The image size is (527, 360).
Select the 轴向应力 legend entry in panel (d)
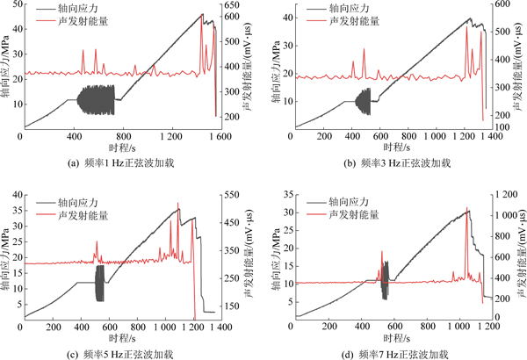[351, 201]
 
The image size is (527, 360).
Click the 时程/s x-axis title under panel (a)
[115, 149]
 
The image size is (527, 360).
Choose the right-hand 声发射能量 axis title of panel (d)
[518, 255]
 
